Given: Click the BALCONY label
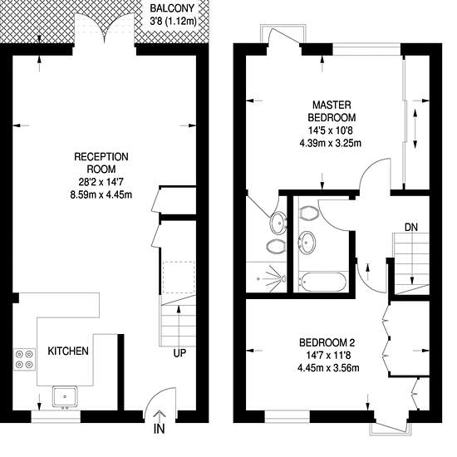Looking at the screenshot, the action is click(x=172, y=8).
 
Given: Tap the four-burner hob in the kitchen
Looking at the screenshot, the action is click(x=24, y=359).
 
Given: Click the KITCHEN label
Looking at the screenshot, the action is click(x=68, y=351).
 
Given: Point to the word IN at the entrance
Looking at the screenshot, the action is click(x=160, y=429).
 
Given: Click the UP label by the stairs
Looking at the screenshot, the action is click(x=179, y=353).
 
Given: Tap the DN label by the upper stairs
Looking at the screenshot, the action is click(x=411, y=228).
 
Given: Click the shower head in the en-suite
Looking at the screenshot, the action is click(x=283, y=278).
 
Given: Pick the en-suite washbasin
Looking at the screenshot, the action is click(x=278, y=223).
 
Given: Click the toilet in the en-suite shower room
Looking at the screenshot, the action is click(x=275, y=247).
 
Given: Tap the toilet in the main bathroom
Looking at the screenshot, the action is click(x=308, y=214).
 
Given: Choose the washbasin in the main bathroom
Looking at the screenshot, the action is click(x=307, y=242).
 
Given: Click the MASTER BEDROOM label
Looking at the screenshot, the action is click(x=332, y=111).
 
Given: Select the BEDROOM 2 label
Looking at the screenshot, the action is click(x=327, y=342).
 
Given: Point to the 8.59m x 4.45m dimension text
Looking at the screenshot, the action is click(x=101, y=194).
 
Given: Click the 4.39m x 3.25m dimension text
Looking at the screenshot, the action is click(x=331, y=143).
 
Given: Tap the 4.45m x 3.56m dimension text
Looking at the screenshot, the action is click(x=328, y=368).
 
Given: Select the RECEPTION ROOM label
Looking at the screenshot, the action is click(x=101, y=163).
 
